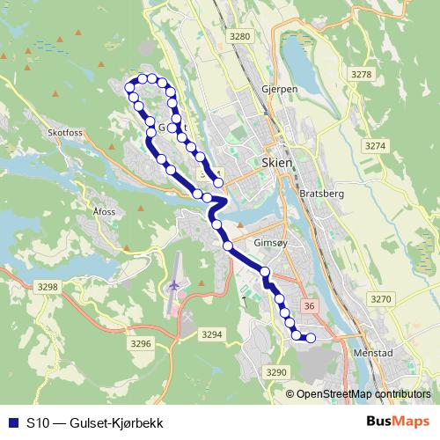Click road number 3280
(x=239, y=36)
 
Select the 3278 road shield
(x=361, y=75)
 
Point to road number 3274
(x=376, y=145)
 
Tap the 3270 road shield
(x=381, y=299)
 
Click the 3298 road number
(x=48, y=287)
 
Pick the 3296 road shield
(x=141, y=343)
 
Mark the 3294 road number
(x=211, y=335)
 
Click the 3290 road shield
(x=276, y=373)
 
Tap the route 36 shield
(x=308, y=305)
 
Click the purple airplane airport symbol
(x=173, y=287)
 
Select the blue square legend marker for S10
(x=13, y=423)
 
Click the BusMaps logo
(x=397, y=423)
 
